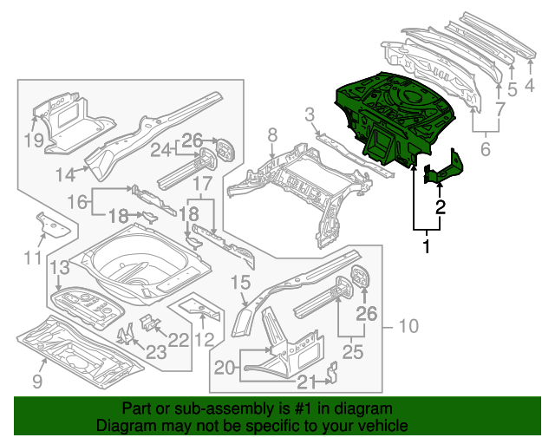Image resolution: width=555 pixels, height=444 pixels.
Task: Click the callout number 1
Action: click(425, 248)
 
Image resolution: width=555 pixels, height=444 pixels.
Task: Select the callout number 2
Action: click(441, 206)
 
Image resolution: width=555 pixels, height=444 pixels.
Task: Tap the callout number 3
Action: click(310, 114)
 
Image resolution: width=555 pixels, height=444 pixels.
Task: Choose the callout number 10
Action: click(408, 326)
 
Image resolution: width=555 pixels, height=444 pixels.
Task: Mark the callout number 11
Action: click(32, 257)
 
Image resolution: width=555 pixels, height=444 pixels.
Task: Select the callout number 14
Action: click(66, 174)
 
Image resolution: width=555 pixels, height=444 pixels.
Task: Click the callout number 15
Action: click(240, 282)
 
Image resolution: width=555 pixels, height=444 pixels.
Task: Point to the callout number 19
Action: click(33, 141)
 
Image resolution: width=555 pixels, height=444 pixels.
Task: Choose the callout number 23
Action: click(156, 351)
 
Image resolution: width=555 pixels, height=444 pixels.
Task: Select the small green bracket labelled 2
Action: click(444, 169)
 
